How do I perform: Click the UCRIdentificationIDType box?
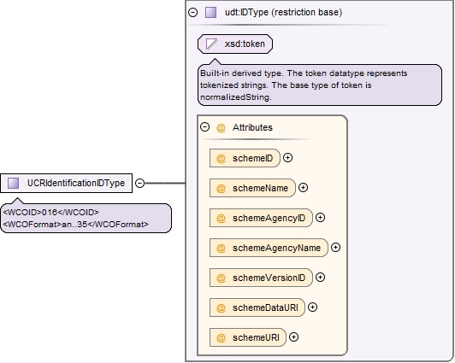[x=66, y=183]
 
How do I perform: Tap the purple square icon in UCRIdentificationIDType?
[x=13, y=183]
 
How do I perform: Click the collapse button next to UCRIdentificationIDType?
[x=140, y=183]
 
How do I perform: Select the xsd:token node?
[x=235, y=44]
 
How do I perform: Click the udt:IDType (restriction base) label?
[x=283, y=13]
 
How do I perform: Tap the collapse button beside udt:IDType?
[x=193, y=13]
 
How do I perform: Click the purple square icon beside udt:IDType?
[x=211, y=13]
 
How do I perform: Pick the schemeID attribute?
[x=245, y=158]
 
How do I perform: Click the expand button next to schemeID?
[x=287, y=158]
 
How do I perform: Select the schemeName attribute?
[x=252, y=188]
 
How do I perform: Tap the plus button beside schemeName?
[x=304, y=188]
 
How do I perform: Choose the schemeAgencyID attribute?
[x=261, y=218]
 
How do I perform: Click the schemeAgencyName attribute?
[x=269, y=248]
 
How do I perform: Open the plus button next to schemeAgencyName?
[x=336, y=248]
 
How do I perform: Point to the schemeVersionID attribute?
[x=261, y=278]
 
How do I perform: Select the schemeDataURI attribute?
[x=257, y=307]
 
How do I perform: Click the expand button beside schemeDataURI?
[x=312, y=307]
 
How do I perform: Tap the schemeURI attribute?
[x=248, y=337]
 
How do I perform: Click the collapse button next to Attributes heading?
[x=205, y=127]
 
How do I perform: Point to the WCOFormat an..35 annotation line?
[x=76, y=225]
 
